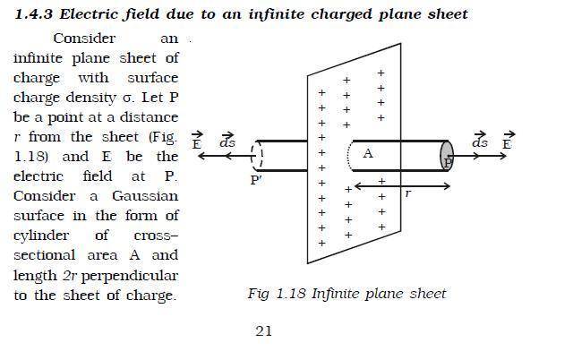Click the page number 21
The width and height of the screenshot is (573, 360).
click(263, 331)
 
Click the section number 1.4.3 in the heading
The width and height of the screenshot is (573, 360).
click(34, 14)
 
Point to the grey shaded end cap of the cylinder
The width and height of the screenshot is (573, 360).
click(447, 156)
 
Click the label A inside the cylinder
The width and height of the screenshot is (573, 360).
click(368, 153)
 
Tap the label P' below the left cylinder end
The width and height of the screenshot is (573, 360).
click(256, 180)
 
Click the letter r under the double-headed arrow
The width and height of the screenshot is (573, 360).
click(408, 193)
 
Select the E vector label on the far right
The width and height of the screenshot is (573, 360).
click(508, 141)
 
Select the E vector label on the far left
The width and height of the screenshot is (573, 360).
click(197, 141)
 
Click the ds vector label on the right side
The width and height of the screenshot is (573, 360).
click(480, 140)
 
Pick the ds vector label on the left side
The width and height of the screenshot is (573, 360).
click(227, 141)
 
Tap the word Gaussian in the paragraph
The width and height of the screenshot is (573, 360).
click(145, 196)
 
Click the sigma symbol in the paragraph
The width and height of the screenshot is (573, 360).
click(127, 99)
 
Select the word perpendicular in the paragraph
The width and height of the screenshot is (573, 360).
click(130, 277)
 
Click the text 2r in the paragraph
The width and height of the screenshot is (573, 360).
click(70, 275)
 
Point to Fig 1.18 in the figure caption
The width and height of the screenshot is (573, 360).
click(277, 294)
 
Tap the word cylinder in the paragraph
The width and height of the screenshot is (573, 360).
click(41, 236)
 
